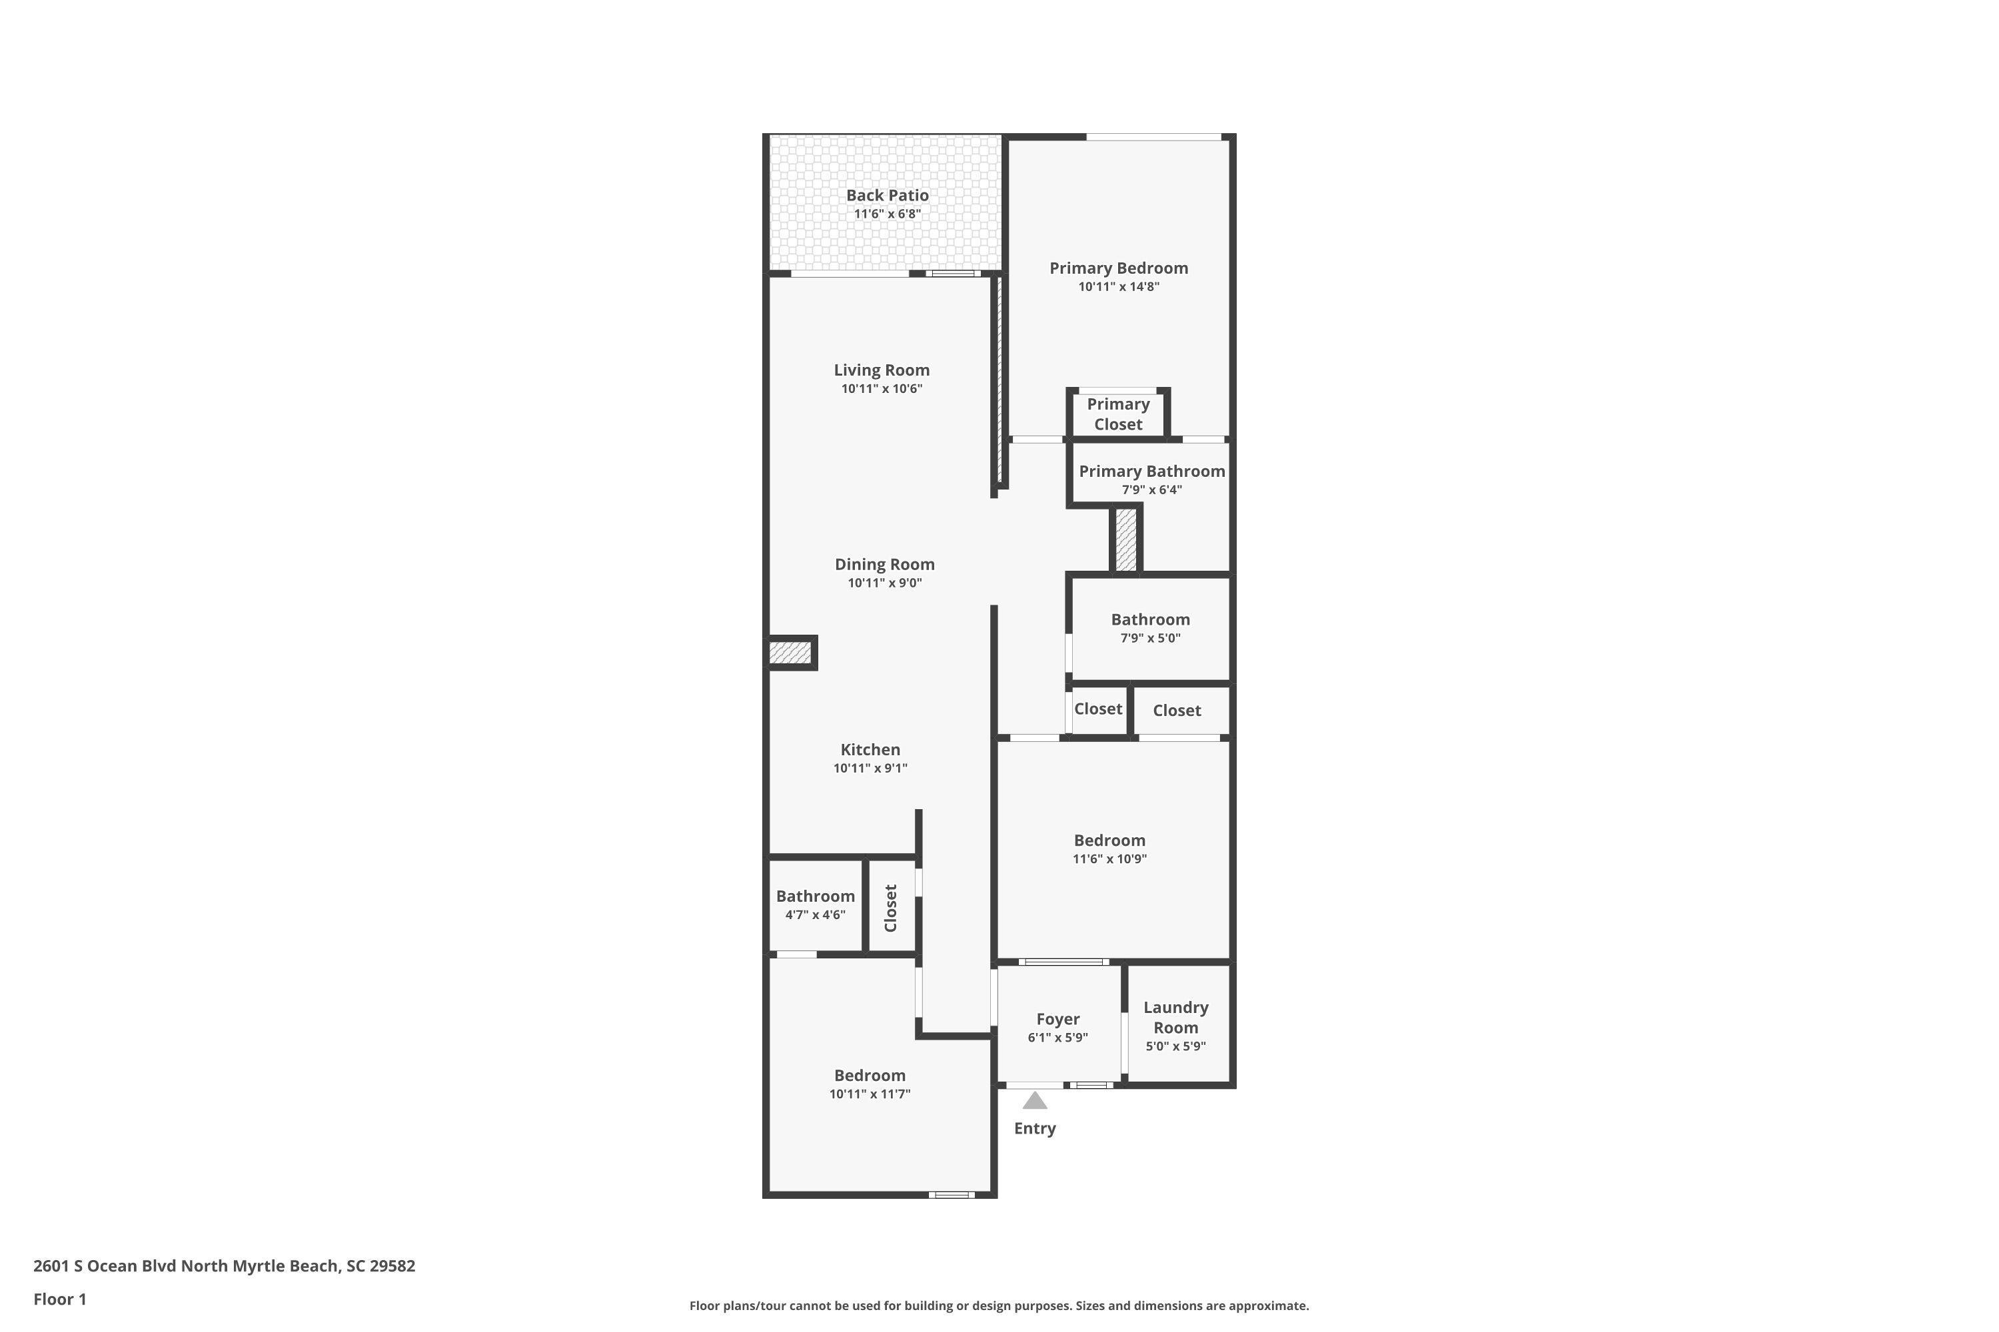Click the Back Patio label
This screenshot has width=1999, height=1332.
888,195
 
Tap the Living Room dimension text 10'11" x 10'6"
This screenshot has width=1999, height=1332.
882,389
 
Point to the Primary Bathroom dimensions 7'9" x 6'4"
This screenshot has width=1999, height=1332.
1151,490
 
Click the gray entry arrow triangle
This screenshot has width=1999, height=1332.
1034,1101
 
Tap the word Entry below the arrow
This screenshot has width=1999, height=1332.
1034,1128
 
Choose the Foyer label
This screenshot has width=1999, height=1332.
1057,1018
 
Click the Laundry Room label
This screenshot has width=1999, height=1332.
1175,1017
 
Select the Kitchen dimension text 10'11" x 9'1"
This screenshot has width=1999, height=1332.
870,769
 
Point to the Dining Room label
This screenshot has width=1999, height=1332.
885,564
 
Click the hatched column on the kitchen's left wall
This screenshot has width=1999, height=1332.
790,653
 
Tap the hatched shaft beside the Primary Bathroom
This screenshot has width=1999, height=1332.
1126,539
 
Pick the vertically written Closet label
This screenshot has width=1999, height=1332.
891,908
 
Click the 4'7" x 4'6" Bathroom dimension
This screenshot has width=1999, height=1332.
815,915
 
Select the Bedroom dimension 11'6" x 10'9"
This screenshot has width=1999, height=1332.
1109,859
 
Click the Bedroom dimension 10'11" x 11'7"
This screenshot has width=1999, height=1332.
870,1094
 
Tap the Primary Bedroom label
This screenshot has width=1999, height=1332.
1119,268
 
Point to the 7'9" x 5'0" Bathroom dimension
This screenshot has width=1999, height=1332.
1150,639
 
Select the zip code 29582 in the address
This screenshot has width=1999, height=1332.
392,1266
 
